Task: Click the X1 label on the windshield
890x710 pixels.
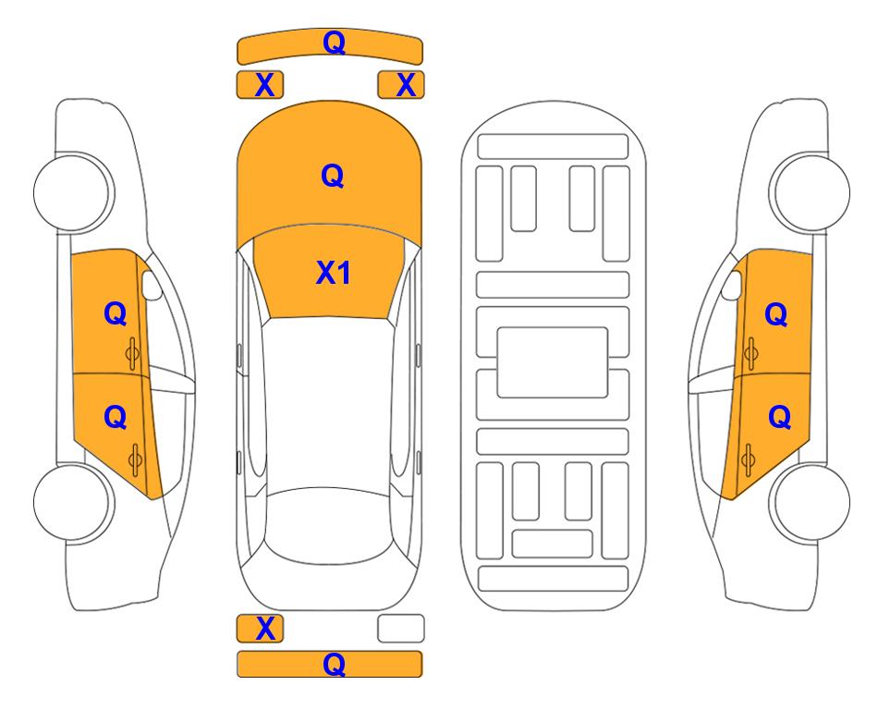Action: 334,273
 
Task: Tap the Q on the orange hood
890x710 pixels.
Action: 333,176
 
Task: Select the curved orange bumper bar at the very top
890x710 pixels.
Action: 330,46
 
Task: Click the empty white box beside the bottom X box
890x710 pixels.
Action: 401,629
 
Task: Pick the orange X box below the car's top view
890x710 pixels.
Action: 260,629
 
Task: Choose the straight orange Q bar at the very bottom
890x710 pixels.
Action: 330,664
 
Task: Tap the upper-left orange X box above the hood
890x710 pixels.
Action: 260,85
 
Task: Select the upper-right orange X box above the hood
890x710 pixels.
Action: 401,85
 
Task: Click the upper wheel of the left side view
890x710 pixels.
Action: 73,192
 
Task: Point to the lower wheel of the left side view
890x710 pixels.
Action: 73,502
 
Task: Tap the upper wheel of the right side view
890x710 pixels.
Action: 810,192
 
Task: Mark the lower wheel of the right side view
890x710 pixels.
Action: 810,502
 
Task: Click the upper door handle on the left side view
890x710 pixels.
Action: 133,353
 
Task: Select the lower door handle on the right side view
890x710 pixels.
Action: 748,459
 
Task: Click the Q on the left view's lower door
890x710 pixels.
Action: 116,418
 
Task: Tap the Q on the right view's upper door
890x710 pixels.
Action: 776,314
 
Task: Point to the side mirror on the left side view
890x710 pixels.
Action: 151,285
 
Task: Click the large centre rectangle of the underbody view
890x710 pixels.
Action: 553,362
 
